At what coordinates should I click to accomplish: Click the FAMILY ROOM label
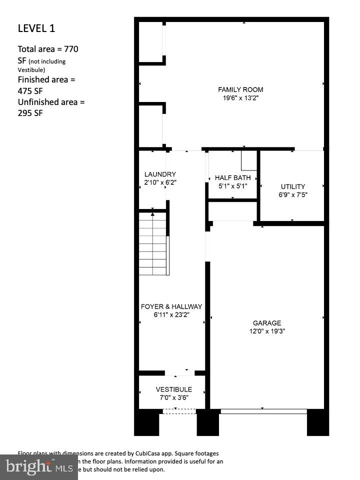240,89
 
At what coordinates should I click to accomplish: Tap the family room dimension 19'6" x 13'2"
240,98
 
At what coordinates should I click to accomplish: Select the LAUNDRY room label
156,174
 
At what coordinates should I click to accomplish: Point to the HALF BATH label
233,177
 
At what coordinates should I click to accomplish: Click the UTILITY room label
293,186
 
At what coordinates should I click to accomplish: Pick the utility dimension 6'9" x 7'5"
293,195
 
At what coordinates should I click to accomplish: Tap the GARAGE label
267,323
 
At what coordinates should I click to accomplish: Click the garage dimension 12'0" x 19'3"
267,331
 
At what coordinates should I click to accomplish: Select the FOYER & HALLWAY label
171,306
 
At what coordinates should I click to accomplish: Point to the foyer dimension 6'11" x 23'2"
171,315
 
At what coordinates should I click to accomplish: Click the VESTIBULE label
173,389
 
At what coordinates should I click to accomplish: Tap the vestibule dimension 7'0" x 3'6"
173,398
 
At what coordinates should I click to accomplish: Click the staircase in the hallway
153,243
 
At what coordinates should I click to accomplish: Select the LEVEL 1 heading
36,28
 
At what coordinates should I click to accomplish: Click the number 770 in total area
70,49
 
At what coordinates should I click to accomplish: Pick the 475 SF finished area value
29,91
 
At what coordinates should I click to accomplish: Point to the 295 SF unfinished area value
30,113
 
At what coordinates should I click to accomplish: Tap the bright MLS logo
37,467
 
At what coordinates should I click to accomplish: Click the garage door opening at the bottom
263,411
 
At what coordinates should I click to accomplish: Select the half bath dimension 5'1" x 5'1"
233,186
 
